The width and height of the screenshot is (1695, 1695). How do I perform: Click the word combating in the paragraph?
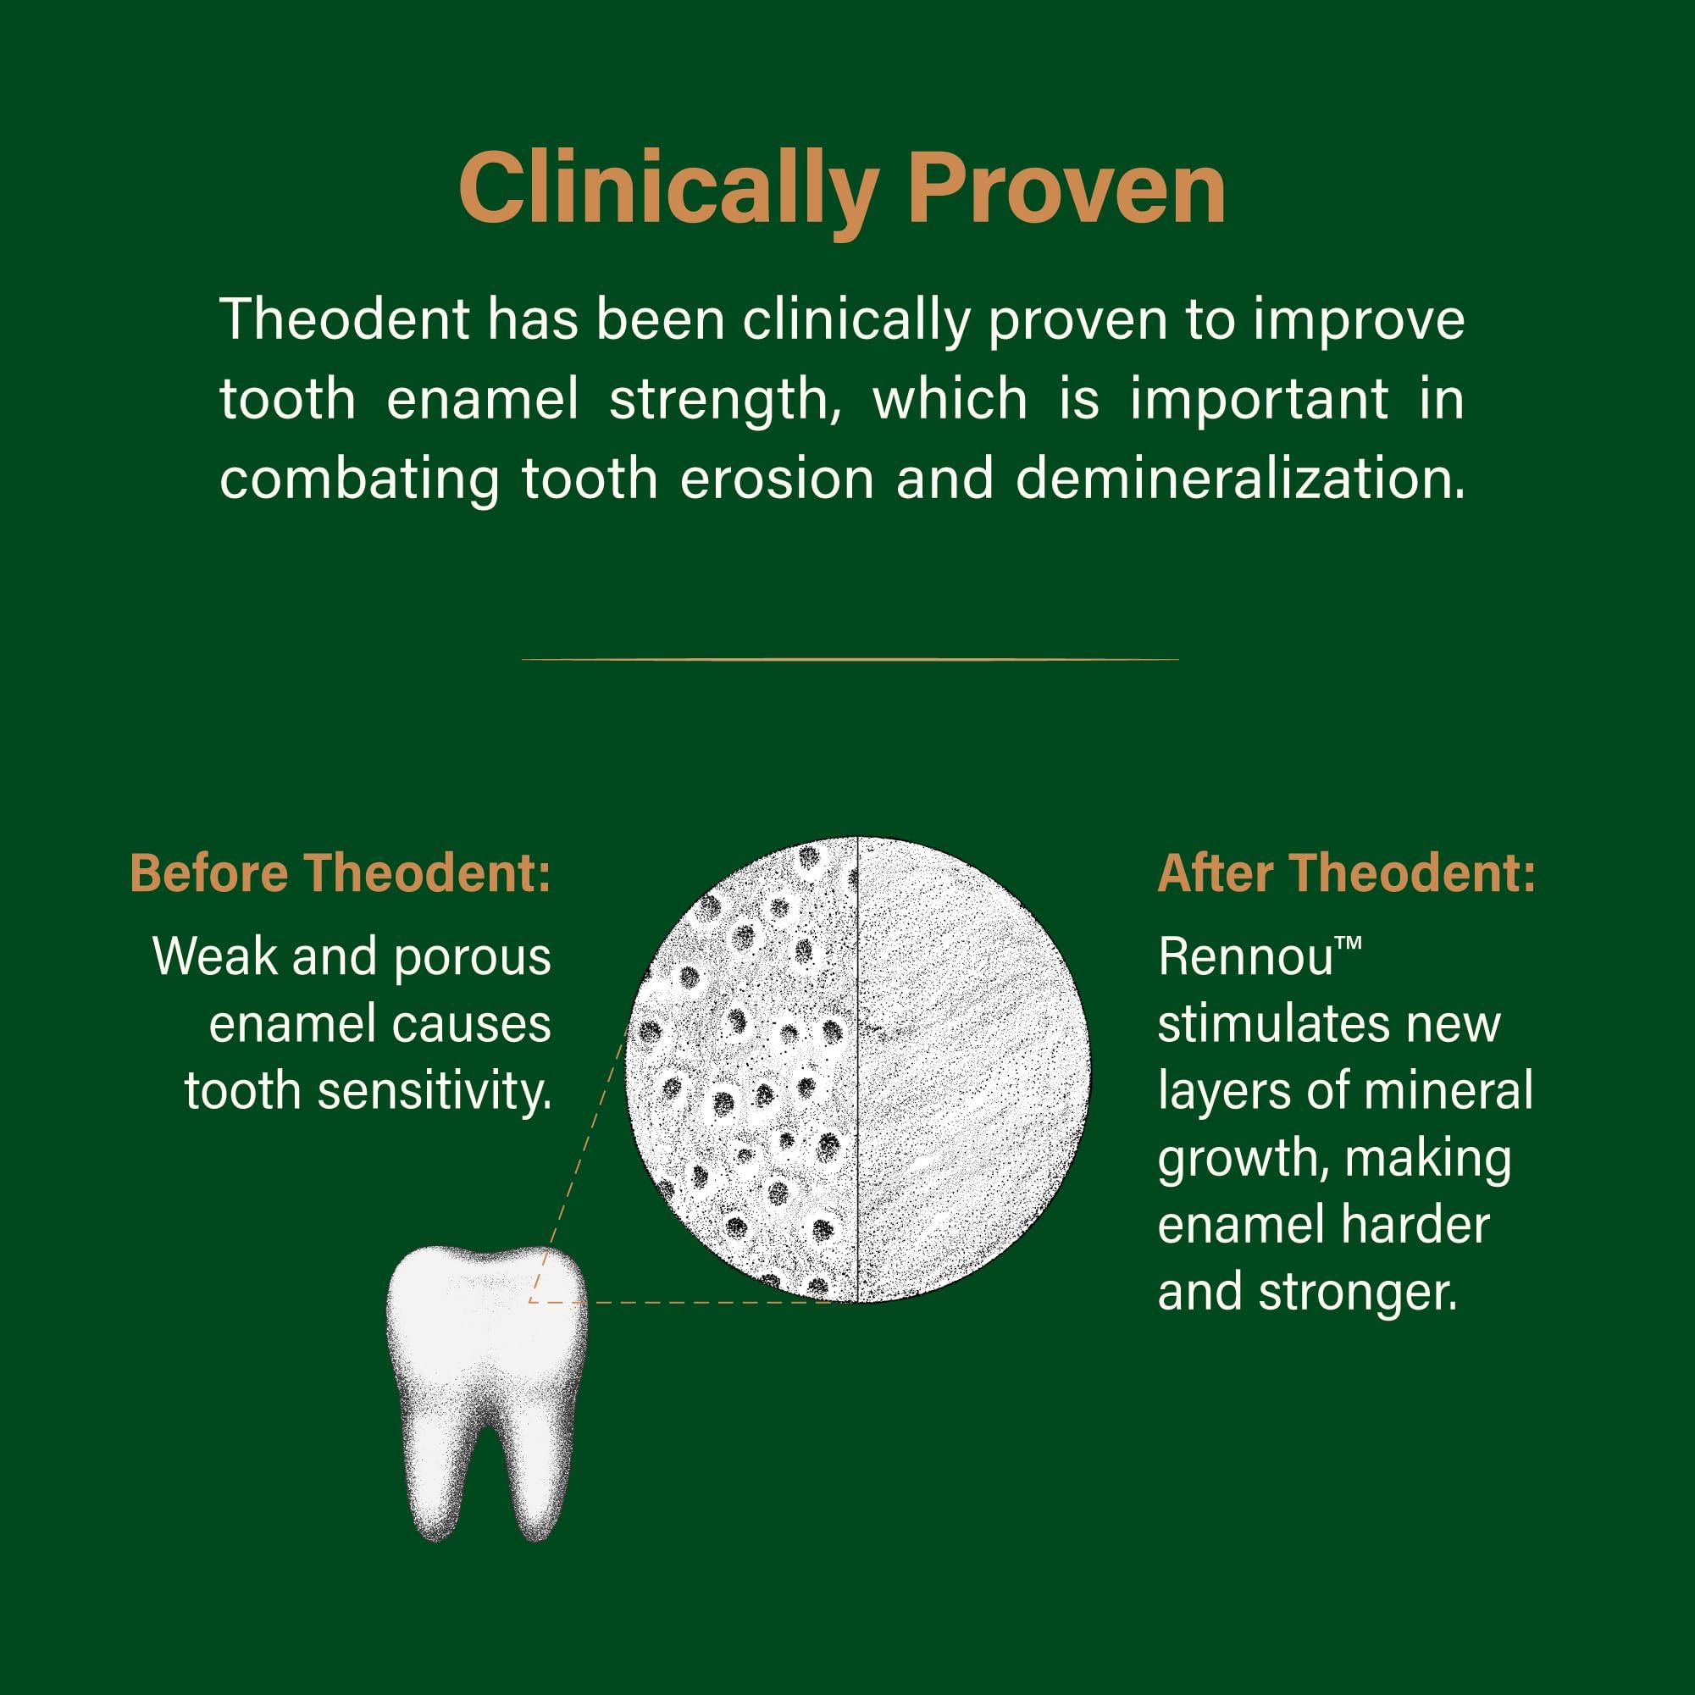tap(359, 481)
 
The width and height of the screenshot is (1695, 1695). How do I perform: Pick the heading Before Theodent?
tap(341, 874)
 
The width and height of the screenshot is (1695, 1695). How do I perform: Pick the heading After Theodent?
tap(1347, 874)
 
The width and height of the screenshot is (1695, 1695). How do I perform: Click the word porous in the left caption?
tap(472, 957)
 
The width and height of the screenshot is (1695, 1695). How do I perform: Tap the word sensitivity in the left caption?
tap(435, 1092)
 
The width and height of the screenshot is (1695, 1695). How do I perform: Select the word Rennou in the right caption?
tap(1245, 957)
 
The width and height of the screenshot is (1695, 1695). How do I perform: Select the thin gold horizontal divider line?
tap(850, 659)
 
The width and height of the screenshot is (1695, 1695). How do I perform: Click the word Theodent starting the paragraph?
tap(345, 319)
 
